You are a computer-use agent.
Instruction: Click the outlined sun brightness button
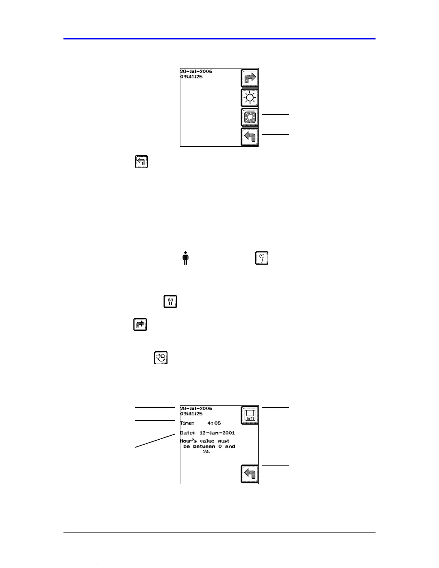click(x=249, y=98)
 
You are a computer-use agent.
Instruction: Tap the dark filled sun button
click(x=249, y=117)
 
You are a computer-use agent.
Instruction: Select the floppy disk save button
click(x=249, y=415)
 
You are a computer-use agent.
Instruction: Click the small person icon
click(x=185, y=258)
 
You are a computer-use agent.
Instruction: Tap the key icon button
click(x=262, y=258)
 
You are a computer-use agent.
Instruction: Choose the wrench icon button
click(x=170, y=302)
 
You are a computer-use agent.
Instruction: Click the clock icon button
click(x=161, y=358)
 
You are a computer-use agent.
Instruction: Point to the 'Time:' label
click(x=187, y=423)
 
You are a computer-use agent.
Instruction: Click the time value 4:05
click(x=214, y=423)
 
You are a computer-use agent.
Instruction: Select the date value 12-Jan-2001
click(x=217, y=433)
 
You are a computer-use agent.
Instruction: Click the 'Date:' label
click(x=188, y=433)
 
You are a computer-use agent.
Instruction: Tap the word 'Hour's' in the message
click(x=188, y=441)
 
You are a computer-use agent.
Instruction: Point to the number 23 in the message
click(x=206, y=452)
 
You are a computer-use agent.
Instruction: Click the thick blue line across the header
click(x=219, y=39)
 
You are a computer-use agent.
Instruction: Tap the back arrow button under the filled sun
click(x=249, y=137)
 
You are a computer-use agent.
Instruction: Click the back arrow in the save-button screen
click(x=249, y=474)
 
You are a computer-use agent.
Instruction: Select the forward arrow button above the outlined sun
click(x=249, y=78)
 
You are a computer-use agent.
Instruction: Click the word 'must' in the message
click(x=223, y=441)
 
